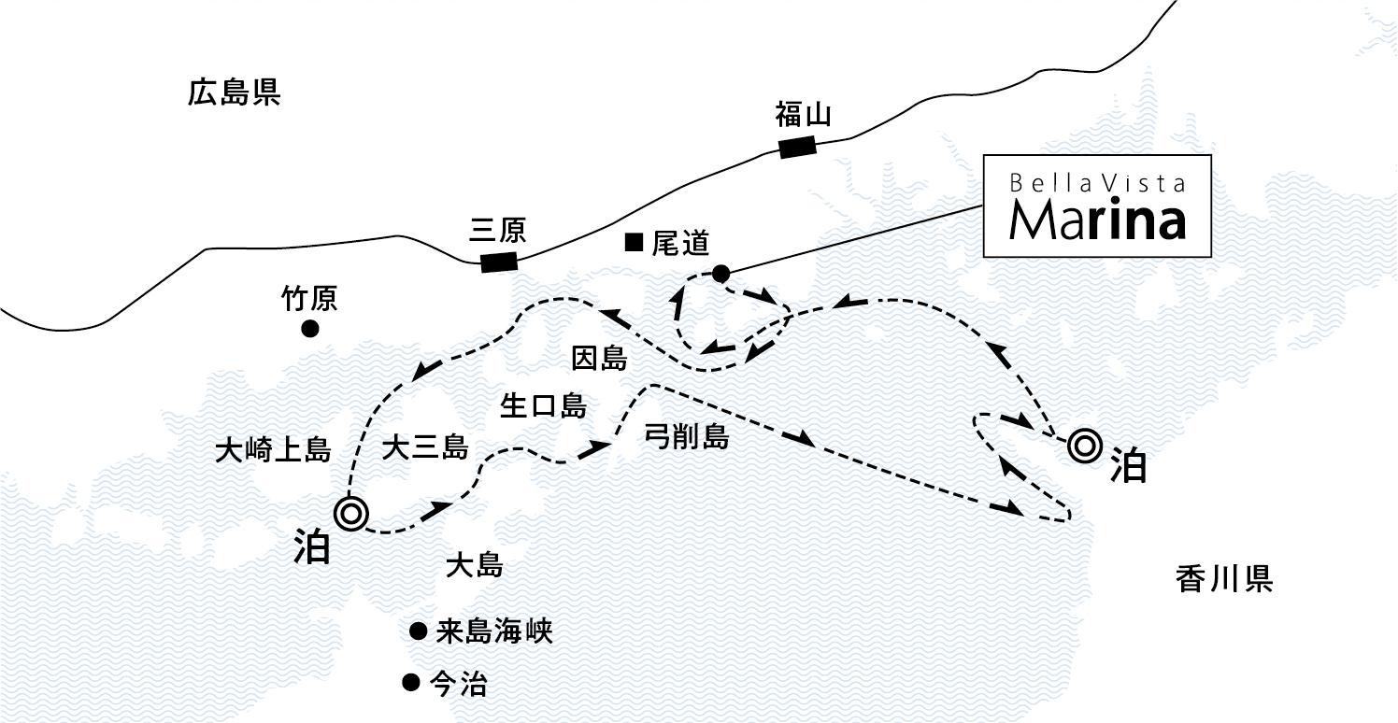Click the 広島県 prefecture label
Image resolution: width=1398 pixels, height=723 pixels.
pyautogui.click(x=234, y=92)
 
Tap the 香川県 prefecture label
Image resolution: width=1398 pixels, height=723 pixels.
pyautogui.click(x=1224, y=579)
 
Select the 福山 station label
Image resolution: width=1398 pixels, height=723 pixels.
pyautogui.click(x=804, y=115)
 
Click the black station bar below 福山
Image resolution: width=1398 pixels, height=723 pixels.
pyautogui.click(x=798, y=148)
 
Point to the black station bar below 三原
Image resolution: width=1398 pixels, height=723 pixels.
pyautogui.click(x=499, y=262)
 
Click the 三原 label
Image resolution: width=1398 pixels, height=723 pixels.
pyautogui.click(x=497, y=230)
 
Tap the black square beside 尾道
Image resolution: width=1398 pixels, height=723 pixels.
pyautogui.click(x=635, y=242)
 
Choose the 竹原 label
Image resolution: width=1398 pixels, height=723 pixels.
pyautogui.click(x=309, y=298)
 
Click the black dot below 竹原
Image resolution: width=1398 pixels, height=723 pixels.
pyautogui.click(x=310, y=329)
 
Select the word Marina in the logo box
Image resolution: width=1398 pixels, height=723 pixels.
pyautogui.click(x=1097, y=220)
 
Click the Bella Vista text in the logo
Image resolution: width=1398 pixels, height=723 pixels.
pyautogui.click(x=1097, y=183)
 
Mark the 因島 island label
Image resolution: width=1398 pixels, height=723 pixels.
pyautogui.click(x=599, y=358)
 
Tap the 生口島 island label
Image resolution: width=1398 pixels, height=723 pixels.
pyautogui.click(x=544, y=406)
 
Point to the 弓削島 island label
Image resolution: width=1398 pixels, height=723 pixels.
pyautogui.click(x=687, y=436)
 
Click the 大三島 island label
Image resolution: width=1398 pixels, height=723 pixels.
pyautogui.click(x=425, y=447)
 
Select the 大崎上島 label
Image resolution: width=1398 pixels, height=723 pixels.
pyautogui.click(x=274, y=449)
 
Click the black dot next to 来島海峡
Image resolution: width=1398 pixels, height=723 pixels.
pyautogui.click(x=418, y=631)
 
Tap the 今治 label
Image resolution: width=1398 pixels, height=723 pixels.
pyautogui.click(x=459, y=685)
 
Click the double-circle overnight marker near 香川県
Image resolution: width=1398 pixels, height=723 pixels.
pyautogui.click(x=1085, y=446)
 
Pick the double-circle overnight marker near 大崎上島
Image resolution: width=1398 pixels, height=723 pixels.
pyautogui.click(x=350, y=514)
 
